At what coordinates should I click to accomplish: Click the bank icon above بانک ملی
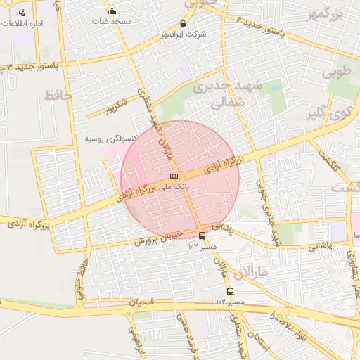pyautogui.click(x=174, y=175)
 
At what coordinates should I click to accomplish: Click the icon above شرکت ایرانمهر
pyautogui.click(x=184, y=23)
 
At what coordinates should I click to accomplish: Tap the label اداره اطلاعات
pyautogui.click(x=22, y=23)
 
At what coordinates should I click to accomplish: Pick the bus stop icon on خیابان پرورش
pyautogui.click(x=202, y=236)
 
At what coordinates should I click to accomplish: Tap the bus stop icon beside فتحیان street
pyautogui.click(x=230, y=291)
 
